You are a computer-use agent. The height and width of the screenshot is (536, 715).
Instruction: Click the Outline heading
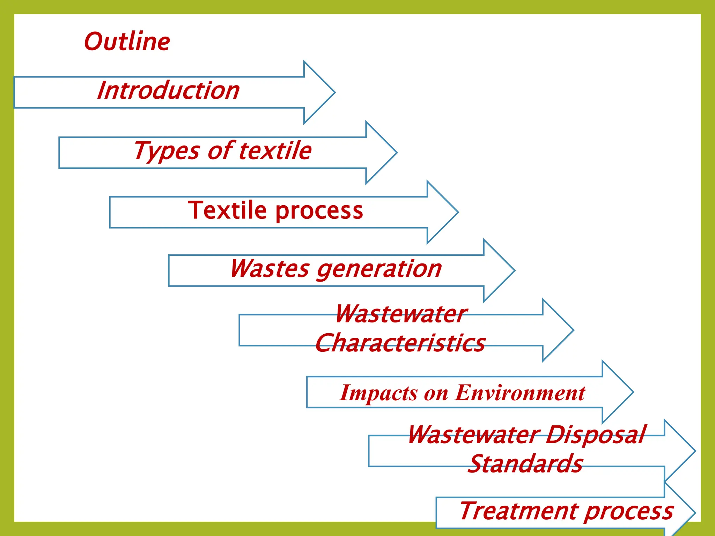click(x=127, y=42)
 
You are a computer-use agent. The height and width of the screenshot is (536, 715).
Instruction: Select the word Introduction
click(x=168, y=90)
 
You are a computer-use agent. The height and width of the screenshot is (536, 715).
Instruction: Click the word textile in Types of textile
click(x=276, y=150)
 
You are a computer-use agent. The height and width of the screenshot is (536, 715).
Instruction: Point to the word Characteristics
click(x=400, y=343)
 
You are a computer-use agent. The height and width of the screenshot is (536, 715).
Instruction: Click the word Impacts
click(x=378, y=393)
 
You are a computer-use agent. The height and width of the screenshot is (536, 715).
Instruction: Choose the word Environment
click(x=520, y=393)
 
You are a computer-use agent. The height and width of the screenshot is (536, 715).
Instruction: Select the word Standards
click(x=525, y=464)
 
